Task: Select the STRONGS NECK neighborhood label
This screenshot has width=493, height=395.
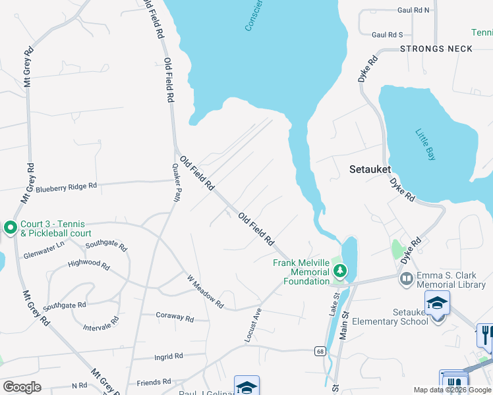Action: [x=436, y=49]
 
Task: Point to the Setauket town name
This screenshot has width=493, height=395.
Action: [x=370, y=169]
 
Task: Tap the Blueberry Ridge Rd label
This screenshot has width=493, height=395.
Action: [x=66, y=187]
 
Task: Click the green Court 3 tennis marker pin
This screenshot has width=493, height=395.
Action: [x=10, y=228]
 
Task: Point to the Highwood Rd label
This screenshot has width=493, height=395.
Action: [x=89, y=264]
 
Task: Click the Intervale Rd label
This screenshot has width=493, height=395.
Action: [x=101, y=323]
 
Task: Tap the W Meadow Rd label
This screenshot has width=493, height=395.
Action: [x=206, y=292]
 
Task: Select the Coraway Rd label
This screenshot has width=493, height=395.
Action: [x=175, y=317]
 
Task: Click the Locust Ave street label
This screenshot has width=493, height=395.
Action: [x=254, y=325]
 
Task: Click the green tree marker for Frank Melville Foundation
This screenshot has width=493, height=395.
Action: [x=339, y=271]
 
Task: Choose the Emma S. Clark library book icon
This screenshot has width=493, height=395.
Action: [x=406, y=279]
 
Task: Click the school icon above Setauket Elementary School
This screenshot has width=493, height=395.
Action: [x=436, y=302]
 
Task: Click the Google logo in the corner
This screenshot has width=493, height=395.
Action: [x=22, y=386]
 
